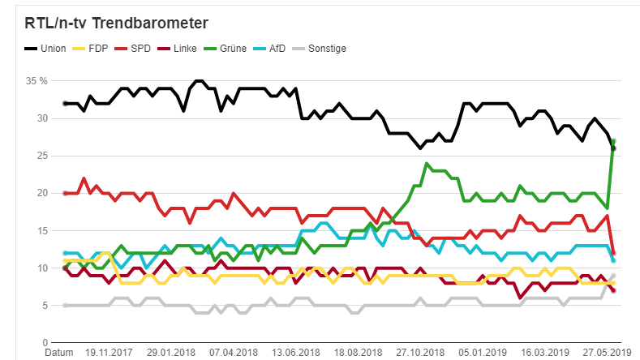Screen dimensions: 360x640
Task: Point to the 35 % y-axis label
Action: [x=37, y=81]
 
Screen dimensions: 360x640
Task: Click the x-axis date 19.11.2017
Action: [x=108, y=353]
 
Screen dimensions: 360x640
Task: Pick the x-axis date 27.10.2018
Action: [x=420, y=353]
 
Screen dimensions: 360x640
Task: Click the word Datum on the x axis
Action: [x=58, y=353]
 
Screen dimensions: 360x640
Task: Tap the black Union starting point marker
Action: [x=65, y=104]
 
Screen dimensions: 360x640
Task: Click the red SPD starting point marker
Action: [x=65, y=193]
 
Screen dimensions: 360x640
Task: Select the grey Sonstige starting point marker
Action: [x=65, y=305]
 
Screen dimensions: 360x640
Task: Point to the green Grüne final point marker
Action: [x=614, y=141]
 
